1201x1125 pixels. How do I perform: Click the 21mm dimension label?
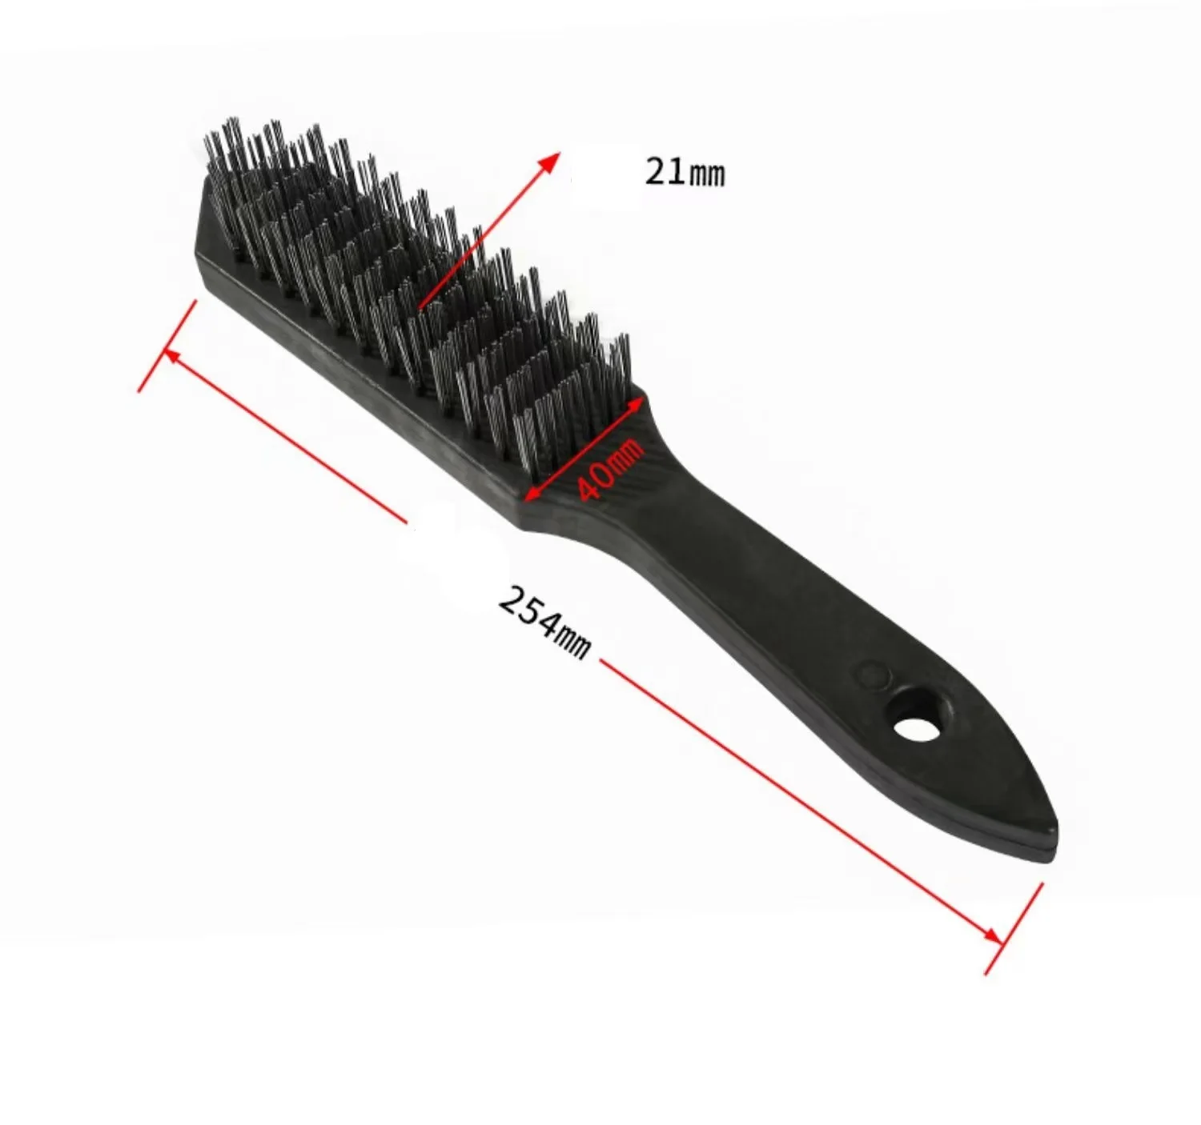(x=685, y=172)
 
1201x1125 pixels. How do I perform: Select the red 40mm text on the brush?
(x=610, y=468)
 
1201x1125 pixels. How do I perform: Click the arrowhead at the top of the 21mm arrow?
(x=550, y=158)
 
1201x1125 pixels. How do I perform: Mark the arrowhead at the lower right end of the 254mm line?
(x=994, y=935)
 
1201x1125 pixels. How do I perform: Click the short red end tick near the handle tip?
(x=1014, y=928)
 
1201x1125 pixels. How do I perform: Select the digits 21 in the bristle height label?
(x=663, y=171)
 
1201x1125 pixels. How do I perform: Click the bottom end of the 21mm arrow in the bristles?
(x=420, y=305)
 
